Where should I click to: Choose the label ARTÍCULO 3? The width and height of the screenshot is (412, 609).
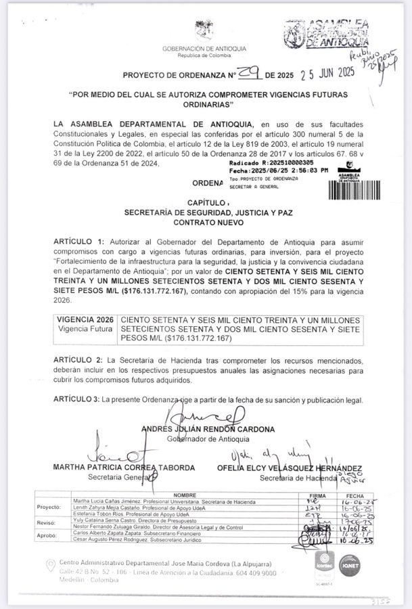(x=78, y=401)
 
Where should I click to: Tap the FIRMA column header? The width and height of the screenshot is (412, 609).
(x=329, y=495)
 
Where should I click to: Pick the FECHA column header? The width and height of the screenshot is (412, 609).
(x=369, y=495)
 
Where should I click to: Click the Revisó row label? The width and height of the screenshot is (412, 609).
(x=57, y=522)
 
